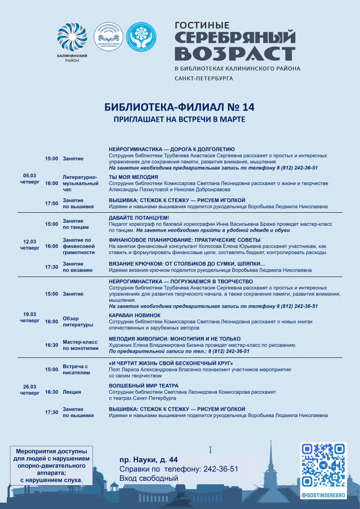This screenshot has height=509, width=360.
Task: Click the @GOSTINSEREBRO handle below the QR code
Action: (x=324, y=495)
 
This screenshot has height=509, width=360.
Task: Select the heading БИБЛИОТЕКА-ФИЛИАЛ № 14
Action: (x=180, y=107)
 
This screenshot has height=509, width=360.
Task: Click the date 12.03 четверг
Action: (x=30, y=245)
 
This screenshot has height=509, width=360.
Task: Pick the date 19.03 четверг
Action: (x=30, y=317)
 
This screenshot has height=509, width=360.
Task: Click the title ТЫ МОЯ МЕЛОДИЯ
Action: (x=133, y=177)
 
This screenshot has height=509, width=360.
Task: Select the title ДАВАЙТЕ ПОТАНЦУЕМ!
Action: (x=139, y=218)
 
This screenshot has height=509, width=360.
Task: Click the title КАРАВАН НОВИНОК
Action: (x=135, y=315)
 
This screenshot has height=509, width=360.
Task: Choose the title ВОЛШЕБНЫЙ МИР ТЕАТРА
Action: (x=144, y=386)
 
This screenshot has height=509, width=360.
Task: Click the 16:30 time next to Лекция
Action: (x=52, y=392)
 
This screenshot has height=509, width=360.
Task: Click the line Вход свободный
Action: (x=149, y=478)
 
